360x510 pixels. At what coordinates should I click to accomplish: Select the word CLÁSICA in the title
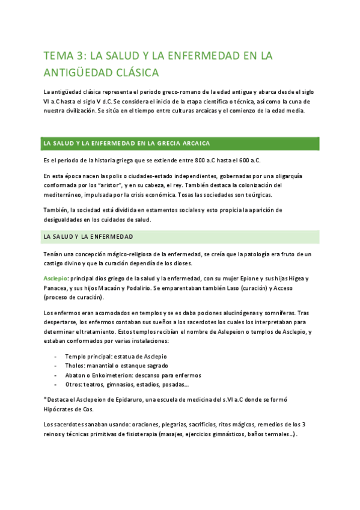click(134, 73)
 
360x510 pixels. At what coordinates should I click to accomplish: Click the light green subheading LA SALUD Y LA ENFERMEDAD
click(88, 237)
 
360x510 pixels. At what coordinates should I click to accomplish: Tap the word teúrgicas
click(256, 195)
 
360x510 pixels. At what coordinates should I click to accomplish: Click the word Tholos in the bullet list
click(75, 366)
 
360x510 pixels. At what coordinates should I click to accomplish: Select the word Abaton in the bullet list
click(76, 375)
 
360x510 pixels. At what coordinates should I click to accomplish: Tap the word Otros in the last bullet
click(75, 385)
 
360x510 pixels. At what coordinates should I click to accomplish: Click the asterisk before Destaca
click(45, 399)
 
